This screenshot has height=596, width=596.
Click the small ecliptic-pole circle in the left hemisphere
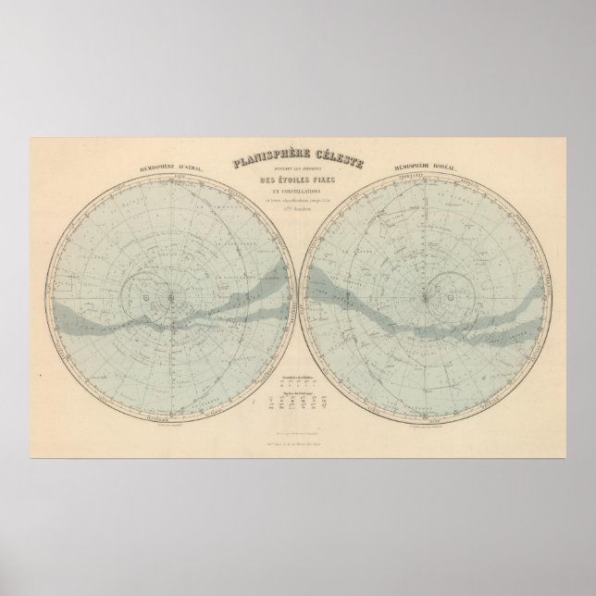point(148,295)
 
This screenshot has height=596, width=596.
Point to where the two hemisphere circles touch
point(298,295)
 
